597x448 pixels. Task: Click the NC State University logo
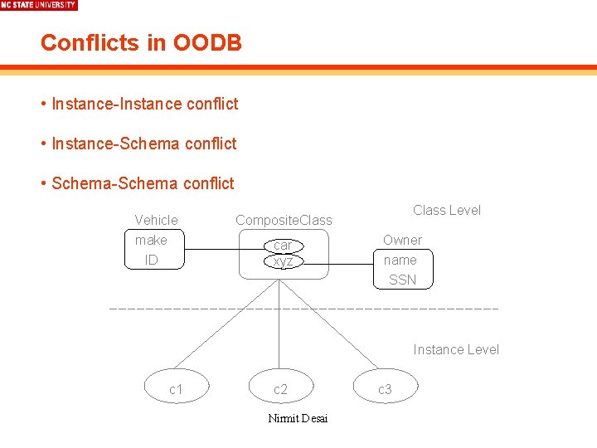tap(39, 5)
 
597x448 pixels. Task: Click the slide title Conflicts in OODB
tap(141, 42)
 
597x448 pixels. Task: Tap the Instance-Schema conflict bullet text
tap(143, 144)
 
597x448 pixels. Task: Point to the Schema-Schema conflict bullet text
tap(143, 183)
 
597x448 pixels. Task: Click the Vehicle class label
tap(156, 220)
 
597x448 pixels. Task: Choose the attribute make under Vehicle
tap(151, 240)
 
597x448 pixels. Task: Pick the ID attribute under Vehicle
tap(151, 260)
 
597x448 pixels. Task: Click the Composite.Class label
tap(284, 220)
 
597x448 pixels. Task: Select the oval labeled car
tap(283, 246)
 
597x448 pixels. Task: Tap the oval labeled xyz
tap(283, 261)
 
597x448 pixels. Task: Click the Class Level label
tap(447, 210)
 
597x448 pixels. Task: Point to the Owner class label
tap(402, 240)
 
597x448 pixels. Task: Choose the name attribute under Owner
tap(400, 260)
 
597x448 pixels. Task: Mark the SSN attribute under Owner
tap(402, 280)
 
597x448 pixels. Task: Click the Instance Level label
tap(456, 349)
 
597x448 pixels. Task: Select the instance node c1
tap(176, 389)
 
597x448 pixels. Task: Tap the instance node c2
tap(280, 389)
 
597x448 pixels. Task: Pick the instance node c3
tap(385, 389)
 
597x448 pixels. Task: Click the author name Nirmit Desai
tap(298, 418)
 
